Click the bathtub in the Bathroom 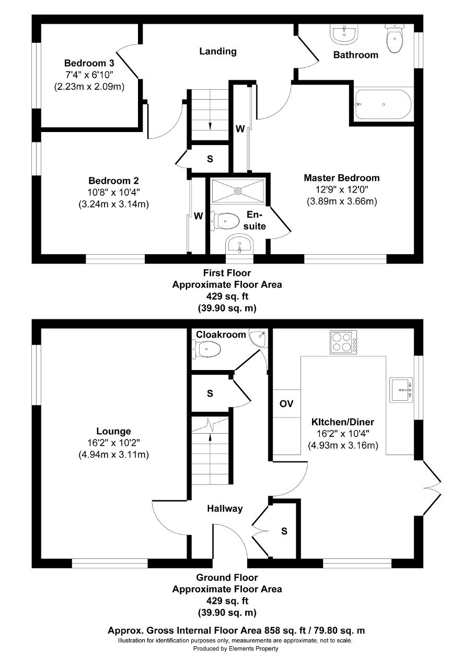point(383,104)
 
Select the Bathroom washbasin point(344,34)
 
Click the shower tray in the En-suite point(238,190)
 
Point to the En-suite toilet point(225,221)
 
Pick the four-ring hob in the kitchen point(343,342)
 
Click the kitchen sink point(401,390)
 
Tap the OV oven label point(286,404)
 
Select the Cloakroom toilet point(206,349)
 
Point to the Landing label point(218,51)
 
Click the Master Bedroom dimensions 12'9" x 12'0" point(342,189)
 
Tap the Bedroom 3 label point(89,63)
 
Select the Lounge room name point(113,431)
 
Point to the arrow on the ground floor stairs point(210,437)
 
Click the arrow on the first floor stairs point(210,126)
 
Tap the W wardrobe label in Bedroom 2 point(198,216)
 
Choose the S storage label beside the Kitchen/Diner point(284,531)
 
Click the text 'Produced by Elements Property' point(236,648)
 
